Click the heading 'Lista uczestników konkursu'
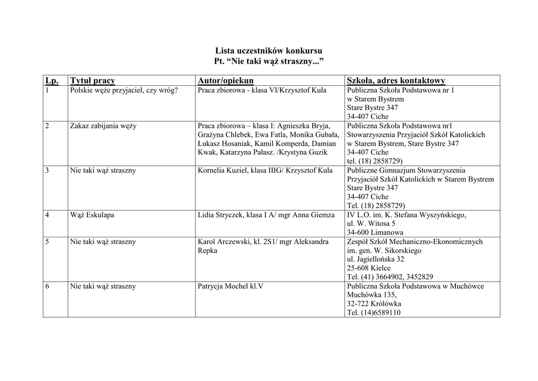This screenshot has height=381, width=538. [x=268, y=51]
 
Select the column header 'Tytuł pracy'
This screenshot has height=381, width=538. [x=92, y=81]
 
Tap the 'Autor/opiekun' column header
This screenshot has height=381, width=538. [x=225, y=81]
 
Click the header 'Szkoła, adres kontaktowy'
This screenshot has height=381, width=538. [x=396, y=81]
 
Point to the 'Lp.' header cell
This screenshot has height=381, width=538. [x=51, y=81]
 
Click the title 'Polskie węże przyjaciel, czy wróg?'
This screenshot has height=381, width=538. [x=124, y=90]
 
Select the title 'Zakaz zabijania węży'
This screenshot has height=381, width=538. [x=103, y=126]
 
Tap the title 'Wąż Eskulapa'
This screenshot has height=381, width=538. [x=92, y=215]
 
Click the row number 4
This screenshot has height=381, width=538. [x=47, y=215]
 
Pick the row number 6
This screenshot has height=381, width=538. [x=47, y=286]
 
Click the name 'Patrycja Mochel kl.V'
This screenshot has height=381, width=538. [x=230, y=286]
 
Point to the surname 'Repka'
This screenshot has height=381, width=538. [x=207, y=250]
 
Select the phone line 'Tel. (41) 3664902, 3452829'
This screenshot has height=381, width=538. [x=390, y=277]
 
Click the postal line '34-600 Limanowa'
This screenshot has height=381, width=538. [x=375, y=232]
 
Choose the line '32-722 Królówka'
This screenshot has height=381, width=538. [x=374, y=304]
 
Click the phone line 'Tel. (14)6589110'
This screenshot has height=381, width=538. [x=374, y=313]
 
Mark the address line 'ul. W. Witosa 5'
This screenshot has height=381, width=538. [x=371, y=224]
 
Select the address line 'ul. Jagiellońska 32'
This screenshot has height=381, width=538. [x=375, y=259]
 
